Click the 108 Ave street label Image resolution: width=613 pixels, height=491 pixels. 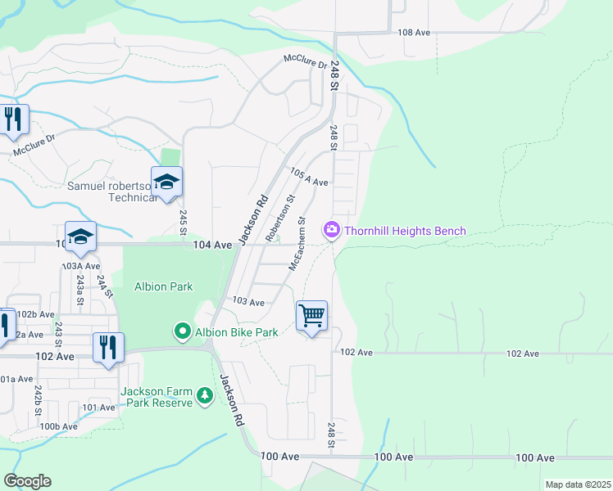click(413, 32)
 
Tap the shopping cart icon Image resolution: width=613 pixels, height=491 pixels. click(311, 316)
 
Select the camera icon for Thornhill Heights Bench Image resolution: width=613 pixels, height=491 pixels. click(332, 231)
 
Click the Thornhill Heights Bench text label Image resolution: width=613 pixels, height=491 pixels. click(405, 231)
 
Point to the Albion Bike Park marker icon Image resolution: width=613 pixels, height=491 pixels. click(183, 331)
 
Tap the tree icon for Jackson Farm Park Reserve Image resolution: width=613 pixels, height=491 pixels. click(204, 397)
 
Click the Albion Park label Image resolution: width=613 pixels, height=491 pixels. click(163, 286)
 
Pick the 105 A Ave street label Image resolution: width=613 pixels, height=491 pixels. click(309, 177)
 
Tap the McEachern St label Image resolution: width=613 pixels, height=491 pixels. click(297, 244)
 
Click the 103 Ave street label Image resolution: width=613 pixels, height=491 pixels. click(248, 302)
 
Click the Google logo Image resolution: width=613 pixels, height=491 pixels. click(27, 480)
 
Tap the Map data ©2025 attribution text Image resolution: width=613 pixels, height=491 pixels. click(578, 484)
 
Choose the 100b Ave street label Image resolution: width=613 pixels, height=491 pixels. click(60, 426)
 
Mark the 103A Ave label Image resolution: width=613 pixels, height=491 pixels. click(81, 266)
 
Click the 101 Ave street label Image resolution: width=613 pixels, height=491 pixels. click(98, 407)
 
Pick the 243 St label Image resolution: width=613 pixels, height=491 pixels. click(59, 332)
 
